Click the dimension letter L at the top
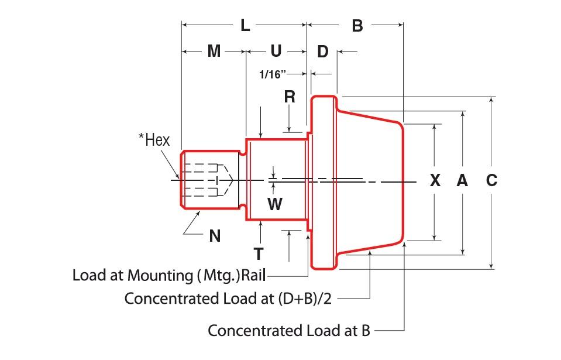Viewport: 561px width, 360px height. tap(245, 25)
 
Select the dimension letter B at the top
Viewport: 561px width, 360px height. tap(357, 25)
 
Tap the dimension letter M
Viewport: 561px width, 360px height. tap(214, 52)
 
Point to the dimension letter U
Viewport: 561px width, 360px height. tap(276, 52)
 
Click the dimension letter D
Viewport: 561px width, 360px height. tap(323, 52)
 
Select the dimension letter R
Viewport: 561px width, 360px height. tap(290, 97)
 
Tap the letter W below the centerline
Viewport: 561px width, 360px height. tap(274, 204)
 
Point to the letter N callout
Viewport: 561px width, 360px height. tap(215, 235)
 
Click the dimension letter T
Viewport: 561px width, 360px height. tap(258, 253)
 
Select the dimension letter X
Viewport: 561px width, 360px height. tap(435, 181)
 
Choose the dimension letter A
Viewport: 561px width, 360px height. tap(462, 181)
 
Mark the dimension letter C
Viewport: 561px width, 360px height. tap(491, 181)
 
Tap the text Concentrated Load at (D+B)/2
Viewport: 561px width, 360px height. tap(228, 299)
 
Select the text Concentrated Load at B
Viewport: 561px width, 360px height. tap(289, 331)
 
